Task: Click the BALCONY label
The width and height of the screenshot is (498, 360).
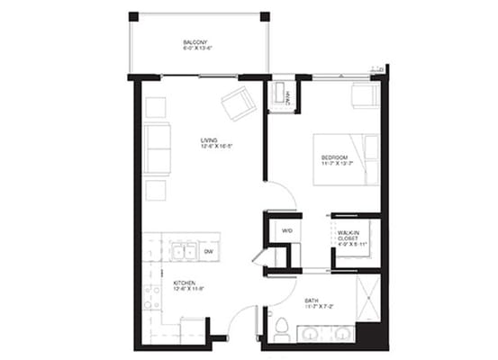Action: (197, 42)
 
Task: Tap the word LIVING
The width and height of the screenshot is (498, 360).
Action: (210, 139)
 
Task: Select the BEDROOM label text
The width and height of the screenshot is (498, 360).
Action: (335, 157)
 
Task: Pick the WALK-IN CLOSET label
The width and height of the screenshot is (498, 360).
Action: (349, 234)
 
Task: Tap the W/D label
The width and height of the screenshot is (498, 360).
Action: (287, 231)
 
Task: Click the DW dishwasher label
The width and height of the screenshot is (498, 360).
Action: (208, 252)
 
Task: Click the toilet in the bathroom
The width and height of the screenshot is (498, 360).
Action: (281, 326)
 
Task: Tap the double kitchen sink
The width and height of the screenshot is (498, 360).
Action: (185, 252)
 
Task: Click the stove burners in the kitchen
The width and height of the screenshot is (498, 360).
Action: (151, 297)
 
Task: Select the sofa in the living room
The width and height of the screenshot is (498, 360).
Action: (157, 148)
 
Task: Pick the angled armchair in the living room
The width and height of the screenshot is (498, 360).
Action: (239, 103)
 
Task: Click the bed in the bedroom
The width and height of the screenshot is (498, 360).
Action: (347, 159)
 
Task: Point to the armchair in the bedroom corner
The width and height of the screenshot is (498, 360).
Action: (365, 95)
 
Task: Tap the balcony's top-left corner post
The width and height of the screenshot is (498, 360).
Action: (133, 16)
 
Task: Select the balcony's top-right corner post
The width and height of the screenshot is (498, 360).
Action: (264, 16)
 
